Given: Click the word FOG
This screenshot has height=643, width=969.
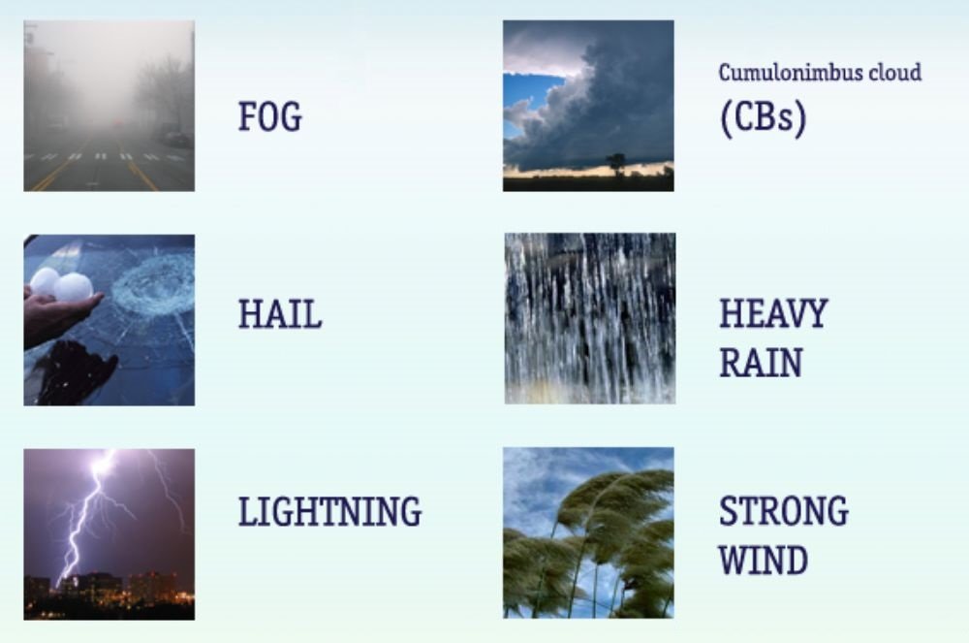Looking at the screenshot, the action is tap(270, 116).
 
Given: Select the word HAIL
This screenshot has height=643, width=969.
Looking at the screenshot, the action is tap(280, 313).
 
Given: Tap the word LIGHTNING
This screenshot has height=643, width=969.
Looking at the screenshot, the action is tap(330, 511).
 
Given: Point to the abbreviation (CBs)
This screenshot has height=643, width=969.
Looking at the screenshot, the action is tap(764, 116).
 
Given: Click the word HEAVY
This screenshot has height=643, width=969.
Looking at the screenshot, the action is tap(773, 313).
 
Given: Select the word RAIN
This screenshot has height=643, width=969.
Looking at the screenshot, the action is tap(761, 363).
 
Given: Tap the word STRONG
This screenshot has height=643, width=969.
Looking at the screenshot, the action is tap(784, 511).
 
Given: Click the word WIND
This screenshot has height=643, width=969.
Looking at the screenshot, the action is tap(764, 560).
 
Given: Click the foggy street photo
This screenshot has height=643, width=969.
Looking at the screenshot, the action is tap(109, 106).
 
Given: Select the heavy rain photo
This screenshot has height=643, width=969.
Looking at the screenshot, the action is tap(589, 318).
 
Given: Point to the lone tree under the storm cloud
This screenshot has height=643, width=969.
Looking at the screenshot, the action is tap(615, 163).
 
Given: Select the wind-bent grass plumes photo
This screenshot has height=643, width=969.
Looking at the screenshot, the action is tap(588, 533).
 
